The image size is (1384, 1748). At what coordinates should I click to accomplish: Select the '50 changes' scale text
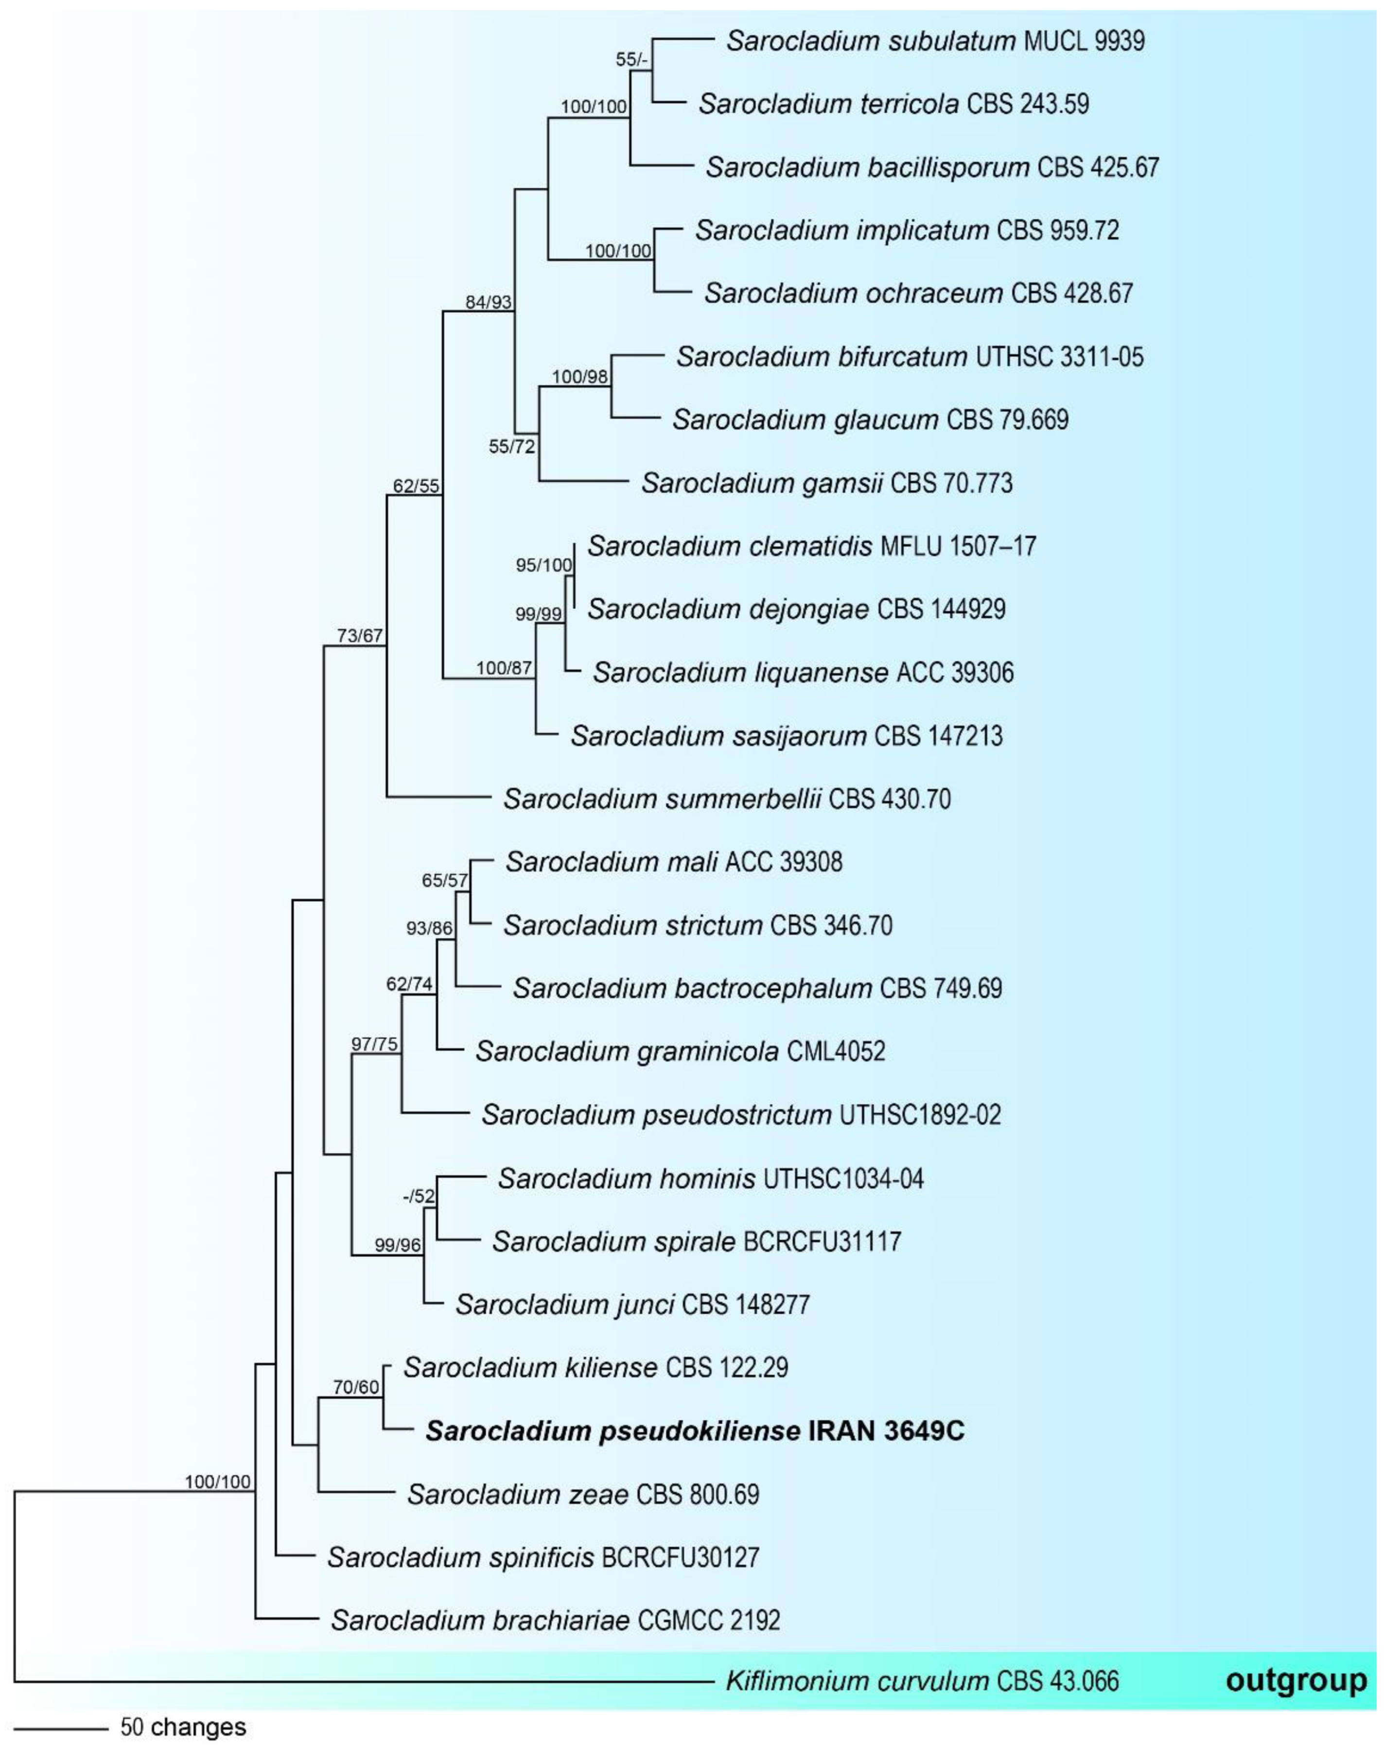coord(183,1727)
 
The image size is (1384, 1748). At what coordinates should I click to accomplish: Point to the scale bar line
coord(61,1729)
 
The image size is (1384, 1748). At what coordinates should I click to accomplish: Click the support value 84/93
coord(489,302)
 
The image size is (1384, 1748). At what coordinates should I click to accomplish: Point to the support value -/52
coord(419,1196)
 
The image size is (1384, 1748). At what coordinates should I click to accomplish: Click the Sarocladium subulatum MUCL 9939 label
coord(935,40)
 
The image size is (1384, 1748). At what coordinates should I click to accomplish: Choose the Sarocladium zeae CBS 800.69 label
coord(582,1494)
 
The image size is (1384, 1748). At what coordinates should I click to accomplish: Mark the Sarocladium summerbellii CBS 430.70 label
coord(727,799)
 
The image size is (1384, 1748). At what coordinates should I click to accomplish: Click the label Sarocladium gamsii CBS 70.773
coord(826,484)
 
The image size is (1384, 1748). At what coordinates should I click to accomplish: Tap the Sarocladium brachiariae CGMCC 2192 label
coord(555,1620)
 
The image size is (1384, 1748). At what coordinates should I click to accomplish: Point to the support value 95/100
coord(543,565)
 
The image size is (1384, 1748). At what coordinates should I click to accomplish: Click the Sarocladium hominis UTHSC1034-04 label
coord(711,1178)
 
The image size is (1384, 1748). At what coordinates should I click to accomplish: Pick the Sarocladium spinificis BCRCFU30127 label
coord(543,1557)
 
